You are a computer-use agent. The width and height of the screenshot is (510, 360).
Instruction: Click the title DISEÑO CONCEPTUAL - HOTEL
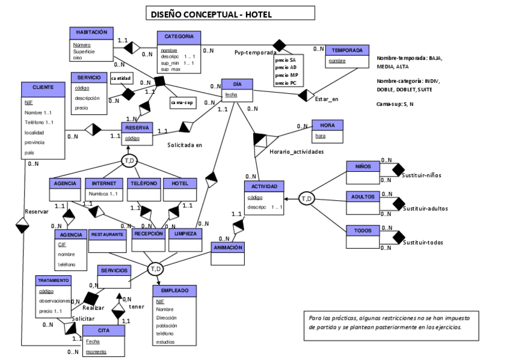click(x=231, y=14)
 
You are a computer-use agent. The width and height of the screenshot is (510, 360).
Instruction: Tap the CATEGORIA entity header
click(x=179, y=37)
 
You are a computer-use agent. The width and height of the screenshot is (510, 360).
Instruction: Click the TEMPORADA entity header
click(x=346, y=50)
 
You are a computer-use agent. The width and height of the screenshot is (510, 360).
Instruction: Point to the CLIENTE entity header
click(x=43, y=87)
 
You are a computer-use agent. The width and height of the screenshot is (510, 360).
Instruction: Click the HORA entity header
click(x=327, y=125)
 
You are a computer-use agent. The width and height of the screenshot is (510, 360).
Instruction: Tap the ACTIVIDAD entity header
click(x=264, y=187)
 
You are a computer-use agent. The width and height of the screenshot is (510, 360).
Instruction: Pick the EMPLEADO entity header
click(x=174, y=290)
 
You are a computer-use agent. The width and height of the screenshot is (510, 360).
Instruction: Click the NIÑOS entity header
click(x=363, y=166)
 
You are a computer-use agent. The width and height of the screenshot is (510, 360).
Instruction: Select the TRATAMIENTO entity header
click(x=54, y=280)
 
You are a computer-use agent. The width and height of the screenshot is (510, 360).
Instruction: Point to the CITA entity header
click(x=104, y=330)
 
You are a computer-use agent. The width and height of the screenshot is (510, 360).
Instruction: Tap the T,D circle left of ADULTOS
click(x=307, y=198)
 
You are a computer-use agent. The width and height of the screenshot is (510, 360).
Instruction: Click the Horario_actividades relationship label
click(x=296, y=153)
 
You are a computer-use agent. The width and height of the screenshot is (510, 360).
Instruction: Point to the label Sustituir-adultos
click(x=425, y=209)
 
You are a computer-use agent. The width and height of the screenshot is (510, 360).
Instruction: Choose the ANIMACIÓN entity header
click(x=228, y=247)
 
